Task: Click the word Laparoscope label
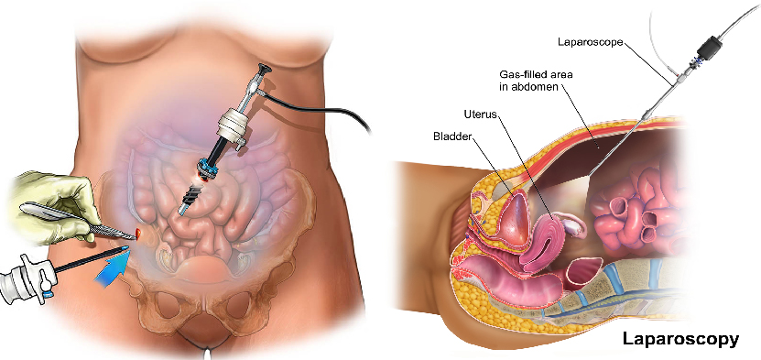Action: (x=592, y=42)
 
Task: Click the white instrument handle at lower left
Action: (x=23, y=278)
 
